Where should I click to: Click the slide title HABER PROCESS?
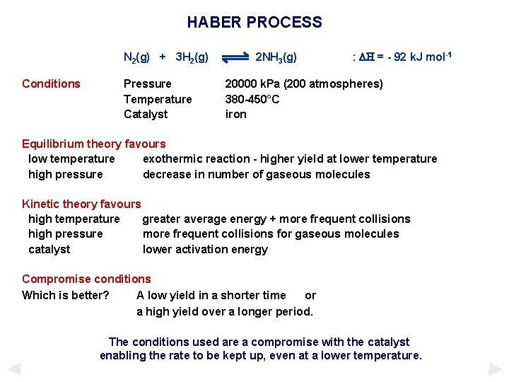coord(255,23)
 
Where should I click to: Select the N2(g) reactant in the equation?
coord(137,57)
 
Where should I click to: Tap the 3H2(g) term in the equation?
coord(192,57)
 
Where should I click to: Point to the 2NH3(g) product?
coord(276,57)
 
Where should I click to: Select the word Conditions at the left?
coord(51,84)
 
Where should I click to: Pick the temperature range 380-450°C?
coord(252,99)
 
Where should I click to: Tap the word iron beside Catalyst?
coord(236,114)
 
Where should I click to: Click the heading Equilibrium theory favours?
coord(93,144)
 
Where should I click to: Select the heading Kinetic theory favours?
coord(81,204)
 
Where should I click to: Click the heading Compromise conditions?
coord(86,279)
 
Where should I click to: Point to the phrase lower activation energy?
coord(205,249)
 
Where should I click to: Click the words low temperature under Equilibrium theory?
coord(71,159)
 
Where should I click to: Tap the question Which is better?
coord(66,295)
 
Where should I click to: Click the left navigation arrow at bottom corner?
coord(14,369)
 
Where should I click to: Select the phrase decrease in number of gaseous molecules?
coord(256,174)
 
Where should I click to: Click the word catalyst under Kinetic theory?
coord(49,249)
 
